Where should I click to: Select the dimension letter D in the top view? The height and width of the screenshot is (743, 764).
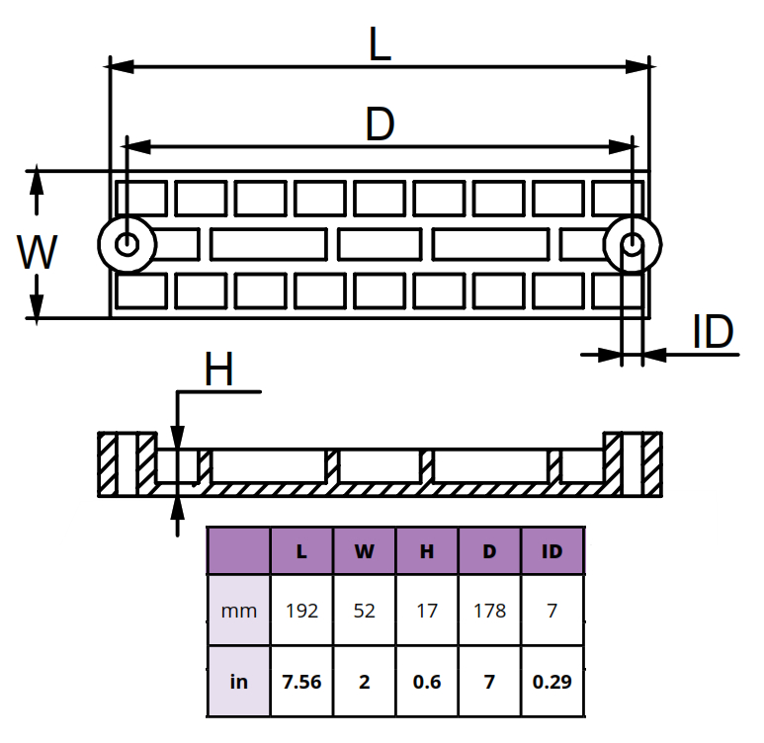pyautogui.click(x=381, y=124)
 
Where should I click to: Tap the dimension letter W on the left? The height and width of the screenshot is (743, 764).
pyautogui.click(x=39, y=253)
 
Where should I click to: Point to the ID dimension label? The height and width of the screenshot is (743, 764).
pyautogui.click(x=712, y=333)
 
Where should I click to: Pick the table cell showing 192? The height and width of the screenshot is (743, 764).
pyautogui.click(x=301, y=611)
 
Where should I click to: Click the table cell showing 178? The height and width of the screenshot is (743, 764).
pyautogui.click(x=489, y=611)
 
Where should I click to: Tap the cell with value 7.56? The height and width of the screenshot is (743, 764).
pyautogui.click(x=301, y=682)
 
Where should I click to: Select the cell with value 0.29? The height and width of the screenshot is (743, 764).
pyautogui.click(x=552, y=682)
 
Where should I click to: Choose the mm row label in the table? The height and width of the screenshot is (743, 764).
pyautogui.click(x=238, y=611)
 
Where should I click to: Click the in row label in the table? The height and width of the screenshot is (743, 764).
pyautogui.click(x=238, y=682)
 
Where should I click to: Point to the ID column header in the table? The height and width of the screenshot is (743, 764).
pyautogui.click(x=552, y=551)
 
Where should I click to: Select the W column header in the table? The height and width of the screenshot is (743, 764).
pyautogui.click(x=365, y=551)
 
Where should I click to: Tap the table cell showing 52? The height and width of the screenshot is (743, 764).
pyautogui.click(x=365, y=611)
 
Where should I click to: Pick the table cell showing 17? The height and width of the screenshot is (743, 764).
pyautogui.click(x=427, y=611)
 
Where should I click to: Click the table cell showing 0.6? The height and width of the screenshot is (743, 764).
pyautogui.click(x=427, y=682)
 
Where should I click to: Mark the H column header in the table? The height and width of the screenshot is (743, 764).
pyautogui.click(x=427, y=551)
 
